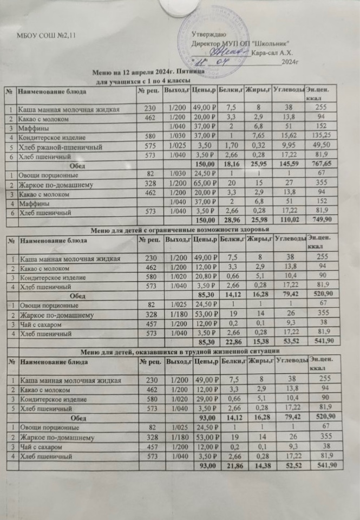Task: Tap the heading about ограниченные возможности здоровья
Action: pos(181,229)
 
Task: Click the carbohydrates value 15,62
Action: pos(289,136)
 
